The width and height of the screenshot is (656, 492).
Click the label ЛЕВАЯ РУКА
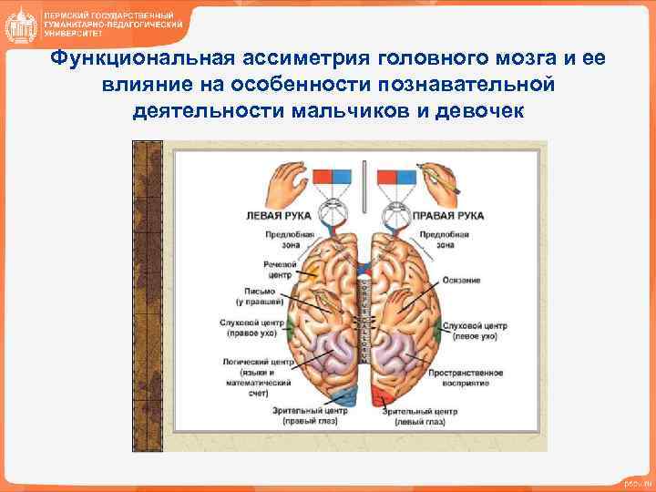[x=278, y=216]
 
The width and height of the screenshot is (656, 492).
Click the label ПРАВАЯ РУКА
[x=447, y=216]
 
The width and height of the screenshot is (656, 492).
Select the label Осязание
[x=462, y=280]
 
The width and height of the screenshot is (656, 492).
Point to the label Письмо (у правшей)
[x=258, y=296]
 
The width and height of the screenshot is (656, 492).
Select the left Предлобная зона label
[x=290, y=240]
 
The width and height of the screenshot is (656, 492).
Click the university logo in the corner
[x=20, y=25]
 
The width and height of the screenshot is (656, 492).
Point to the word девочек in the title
[x=477, y=110]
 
